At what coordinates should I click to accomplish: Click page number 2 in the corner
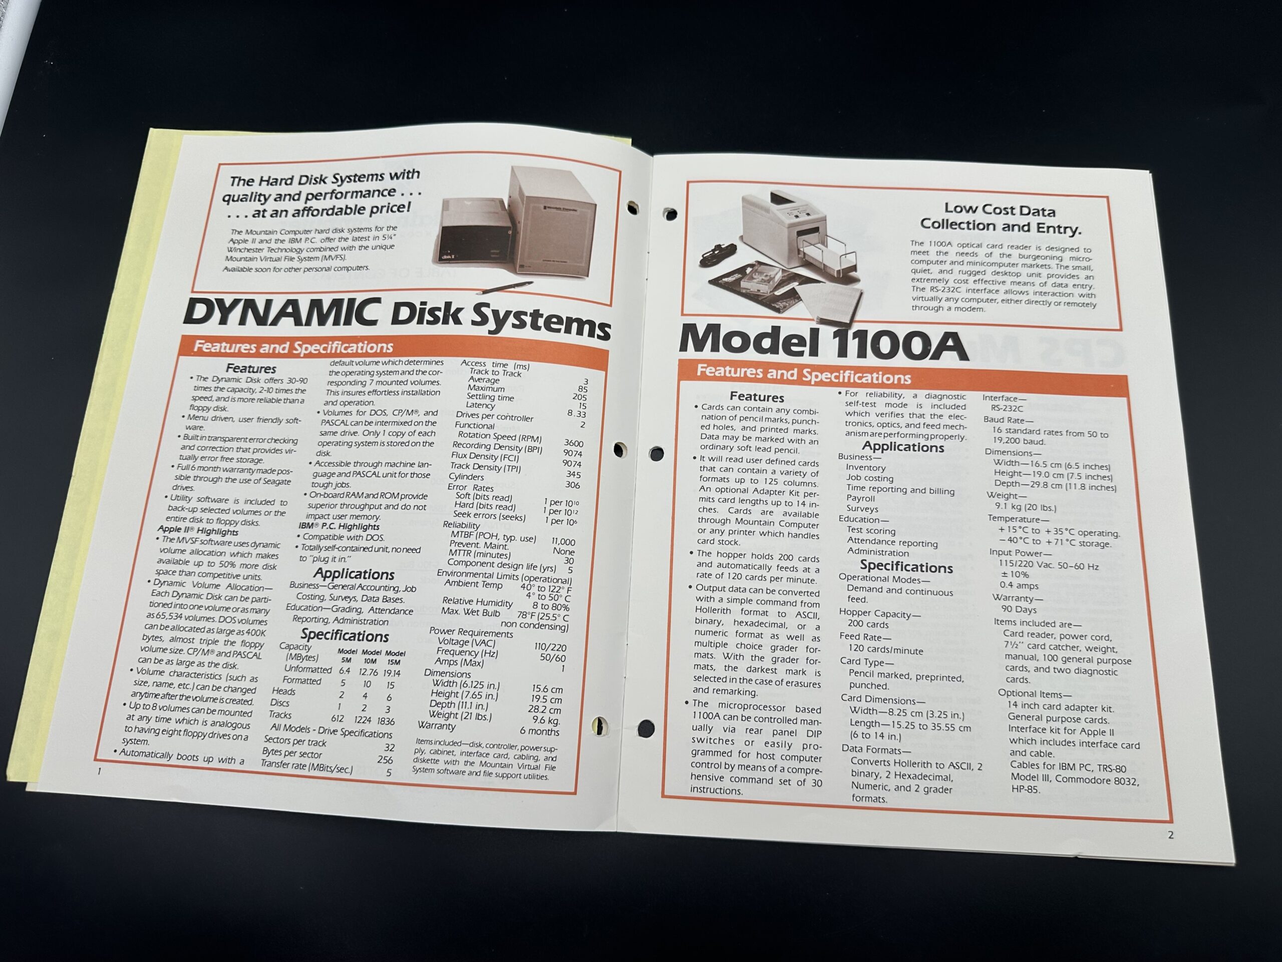pyautogui.click(x=1171, y=836)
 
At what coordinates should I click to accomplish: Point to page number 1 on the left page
pyautogui.click(x=99, y=771)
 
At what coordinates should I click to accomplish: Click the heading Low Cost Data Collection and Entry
pyautogui.click(x=1001, y=218)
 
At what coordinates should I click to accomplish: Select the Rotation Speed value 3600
pyautogui.click(x=573, y=443)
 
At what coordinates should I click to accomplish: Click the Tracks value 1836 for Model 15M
pyautogui.click(x=386, y=722)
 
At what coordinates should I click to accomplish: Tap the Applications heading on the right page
pyautogui.click(x=903, y=447)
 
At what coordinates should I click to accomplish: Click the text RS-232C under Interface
pyautogui.click(x=1007, y=409)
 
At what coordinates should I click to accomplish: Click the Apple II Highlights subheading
pyautogui.click(x=198, y=531)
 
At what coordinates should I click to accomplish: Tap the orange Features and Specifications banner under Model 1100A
pyautogui.click(x=903, y=380)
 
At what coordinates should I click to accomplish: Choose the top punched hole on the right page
pyautogui.click(x=670, y=214)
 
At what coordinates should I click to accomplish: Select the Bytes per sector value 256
pyautogui.click(x=384, y=760)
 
